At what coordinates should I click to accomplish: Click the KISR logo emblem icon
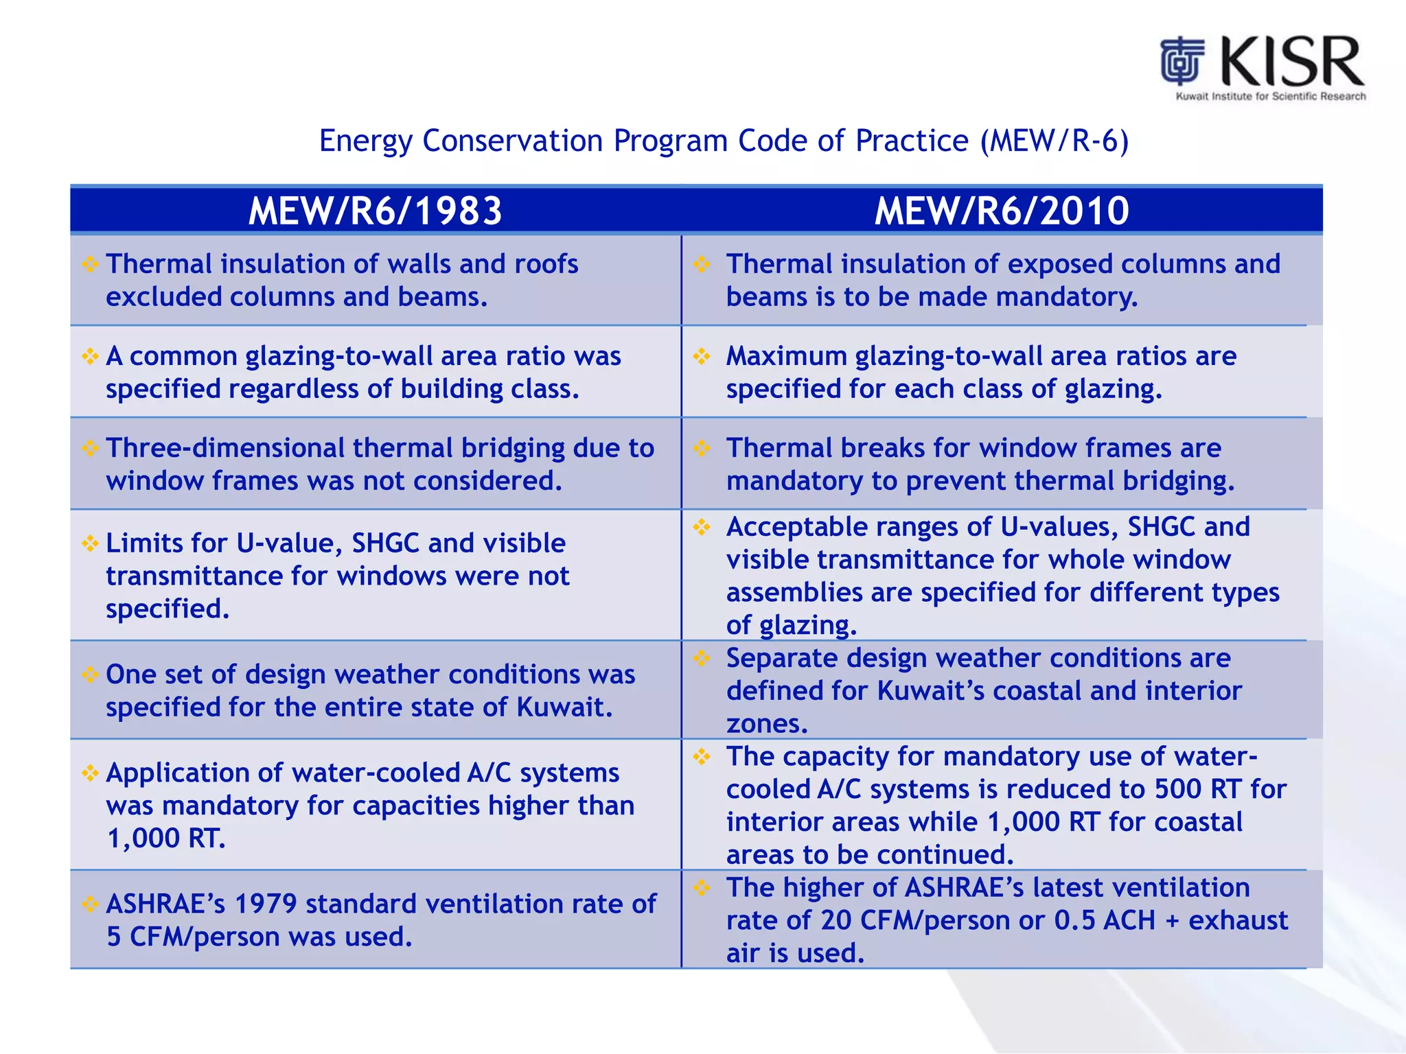coord(1182,60)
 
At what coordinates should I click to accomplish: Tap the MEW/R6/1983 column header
coord(375,211)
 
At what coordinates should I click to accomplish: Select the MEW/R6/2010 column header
coord(1002,211)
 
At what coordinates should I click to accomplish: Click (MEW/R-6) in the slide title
coord(1054,141)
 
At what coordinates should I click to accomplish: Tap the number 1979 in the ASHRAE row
coord(265,904)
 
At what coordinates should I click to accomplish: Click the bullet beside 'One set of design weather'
coord(90,675)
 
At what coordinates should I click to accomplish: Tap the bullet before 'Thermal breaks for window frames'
coord(701,448)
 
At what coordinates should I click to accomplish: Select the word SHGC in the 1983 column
coord(385,543)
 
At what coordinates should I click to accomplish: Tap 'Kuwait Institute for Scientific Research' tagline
coord(1270,97)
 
